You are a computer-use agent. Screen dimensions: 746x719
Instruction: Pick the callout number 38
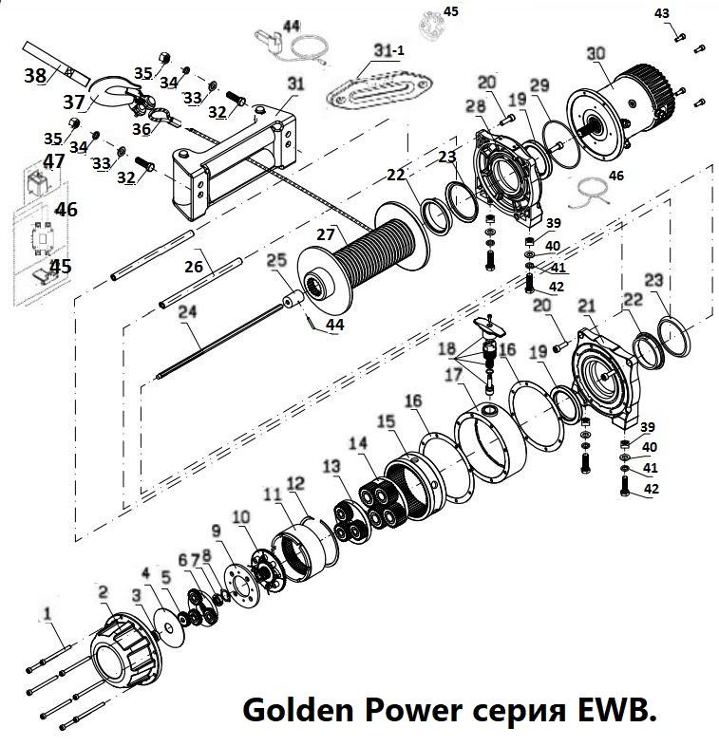(34, 74)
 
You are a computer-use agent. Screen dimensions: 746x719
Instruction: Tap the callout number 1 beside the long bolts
(47, 616)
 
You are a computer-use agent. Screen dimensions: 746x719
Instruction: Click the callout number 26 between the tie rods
(194, 267)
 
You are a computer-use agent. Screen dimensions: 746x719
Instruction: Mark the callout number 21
(586, 305)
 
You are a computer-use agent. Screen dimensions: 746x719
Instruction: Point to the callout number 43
(662, 12)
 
